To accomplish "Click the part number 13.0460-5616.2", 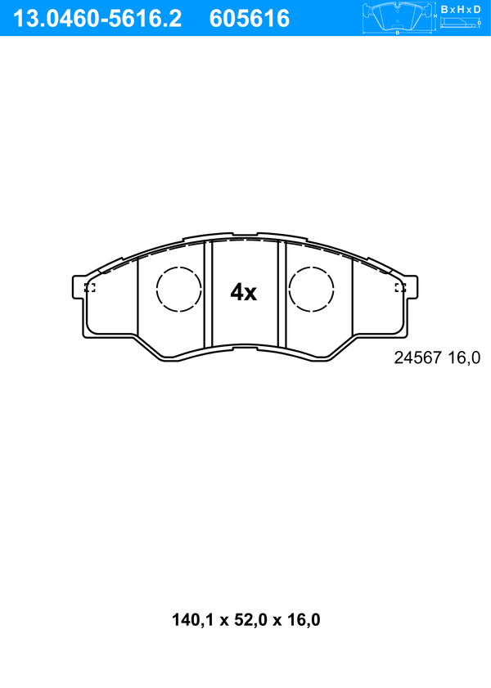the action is pyautogui.click(x=97, y=19).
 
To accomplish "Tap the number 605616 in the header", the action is pyautogui.click(x=250, y=19).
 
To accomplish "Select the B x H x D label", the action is pyautogui.click(x=461, y=9).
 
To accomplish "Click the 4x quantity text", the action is pyautogui.click(x=244, y=292).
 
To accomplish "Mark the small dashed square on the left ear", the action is pyautogui.click(x=90, y=287).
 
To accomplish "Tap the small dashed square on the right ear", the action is pyautogui.click(x=400, y=287).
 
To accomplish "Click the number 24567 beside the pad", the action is pyautogui.click(x=417, y=357).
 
